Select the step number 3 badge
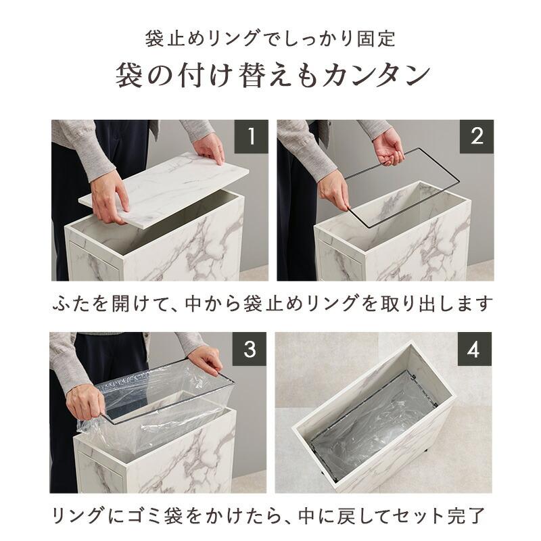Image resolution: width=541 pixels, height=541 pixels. [250, 349]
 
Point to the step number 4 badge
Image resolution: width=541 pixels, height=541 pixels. [477, 349]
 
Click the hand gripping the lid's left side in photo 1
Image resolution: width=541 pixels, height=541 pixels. [108, 196]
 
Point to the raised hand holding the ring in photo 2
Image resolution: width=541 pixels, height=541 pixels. [388, 145]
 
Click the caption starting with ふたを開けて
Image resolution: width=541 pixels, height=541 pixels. [270, 304]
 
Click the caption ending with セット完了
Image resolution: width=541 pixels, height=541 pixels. [270, 516]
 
